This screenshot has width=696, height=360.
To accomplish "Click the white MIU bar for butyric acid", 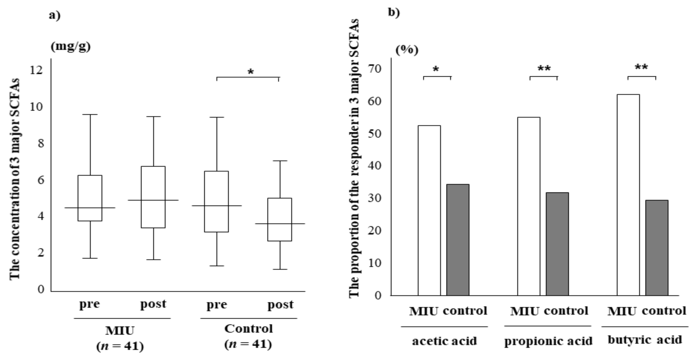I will [x=628, y=194].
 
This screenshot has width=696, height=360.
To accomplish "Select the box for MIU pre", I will [x=90, y=198].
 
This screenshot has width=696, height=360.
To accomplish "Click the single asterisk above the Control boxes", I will [x=251, y=72].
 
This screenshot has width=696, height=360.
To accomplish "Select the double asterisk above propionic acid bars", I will [x=544, y=69].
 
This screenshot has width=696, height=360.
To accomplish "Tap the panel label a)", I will [x=55, y=16].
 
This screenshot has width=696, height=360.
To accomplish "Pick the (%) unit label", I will [x=407, y=50].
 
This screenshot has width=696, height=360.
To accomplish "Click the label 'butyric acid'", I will [x=645, y=339].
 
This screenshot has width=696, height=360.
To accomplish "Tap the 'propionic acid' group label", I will [x=548, y=341].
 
